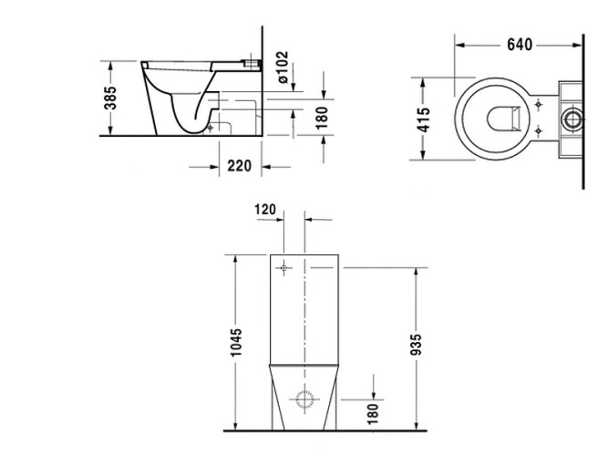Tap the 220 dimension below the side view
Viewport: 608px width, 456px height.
pyautogui.click(x=239, y=166)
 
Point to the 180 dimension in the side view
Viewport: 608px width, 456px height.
pyautogui.click(x=321, y=117)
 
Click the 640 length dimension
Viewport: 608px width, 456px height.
pyautogui.click(x=521, y=44)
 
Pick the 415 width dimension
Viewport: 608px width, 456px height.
pyautogui.click(x=425, y=118)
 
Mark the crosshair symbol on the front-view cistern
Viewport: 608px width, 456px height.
pyautogui.click(x=284, y=268)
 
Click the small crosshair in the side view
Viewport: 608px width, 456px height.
pyautogui.click(x=211, y=128)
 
